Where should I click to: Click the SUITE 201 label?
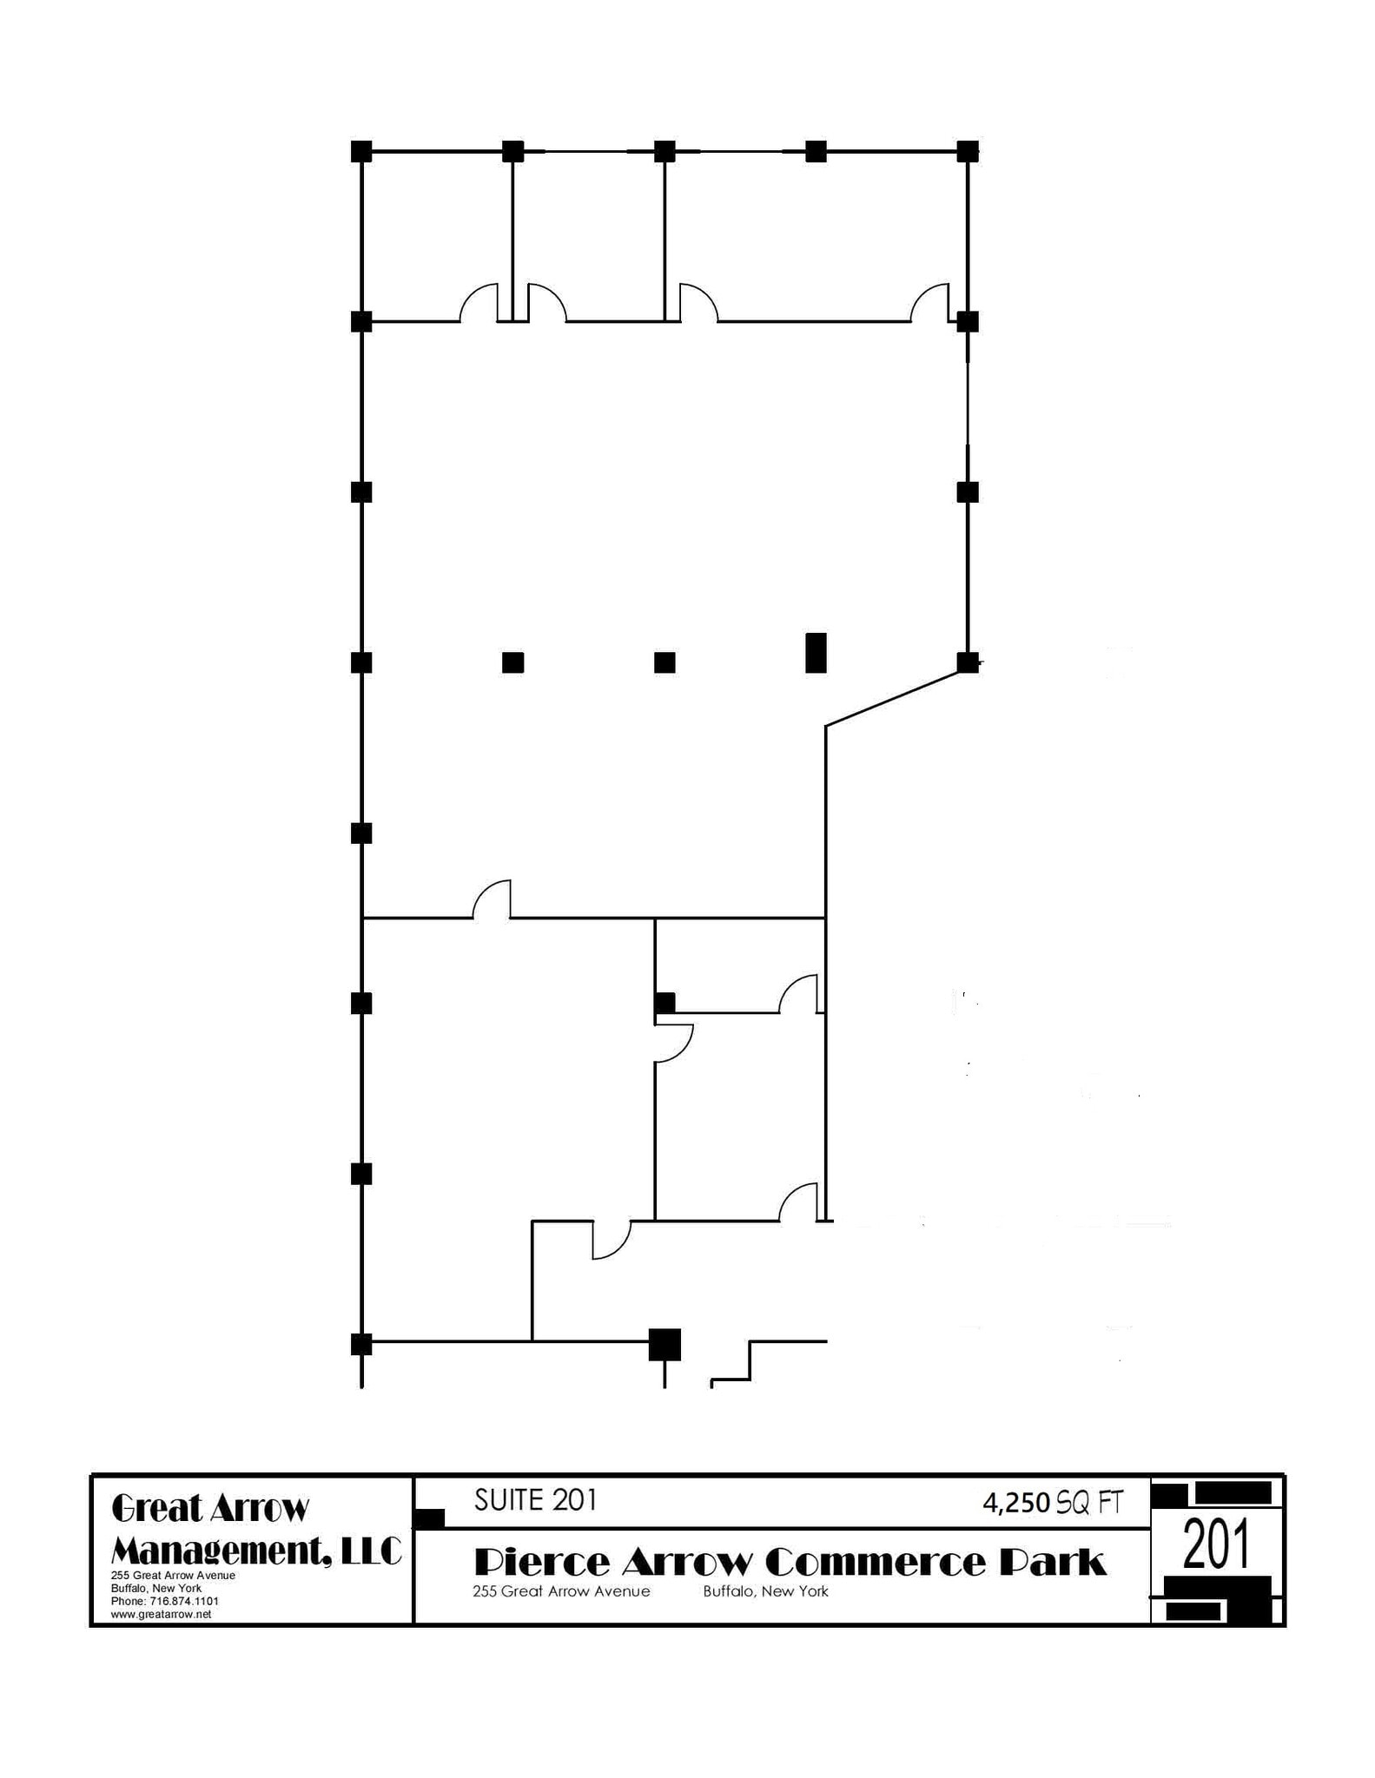click(x=535, y=1500)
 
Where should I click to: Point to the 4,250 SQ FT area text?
click(x=1052, y=1503)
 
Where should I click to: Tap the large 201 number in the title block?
click(x=1216, y=1546)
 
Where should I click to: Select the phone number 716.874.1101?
click(x=170, y=1600)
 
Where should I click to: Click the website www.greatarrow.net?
click(x=162, y=1614)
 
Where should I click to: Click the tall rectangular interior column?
click(x=816, y=653)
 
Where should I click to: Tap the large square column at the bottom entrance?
click(x=665, y=1344)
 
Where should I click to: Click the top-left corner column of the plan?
click(x=361, y=151)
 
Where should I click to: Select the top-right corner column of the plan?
click(x=968, y=151)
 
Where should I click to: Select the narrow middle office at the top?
click(x=588, y=234)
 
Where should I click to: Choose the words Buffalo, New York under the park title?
click(x=765, y=1591)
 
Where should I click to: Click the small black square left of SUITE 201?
click(x=429, y=1518)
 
